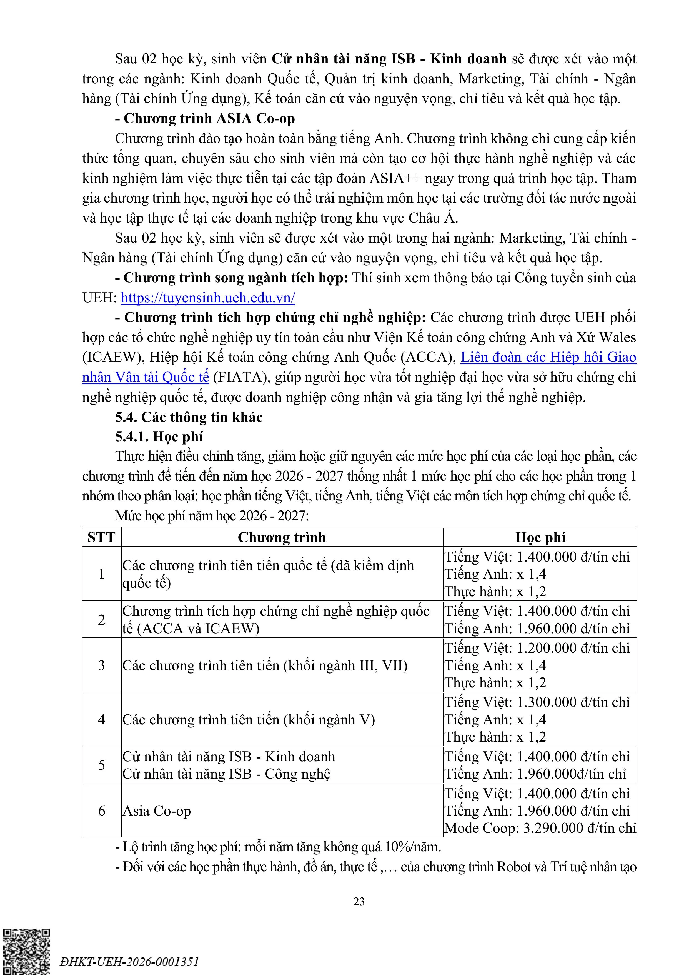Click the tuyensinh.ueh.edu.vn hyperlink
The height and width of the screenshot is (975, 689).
pos(208,298)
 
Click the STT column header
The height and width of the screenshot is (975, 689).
pos(101,537)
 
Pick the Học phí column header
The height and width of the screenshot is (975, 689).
pos(540,537)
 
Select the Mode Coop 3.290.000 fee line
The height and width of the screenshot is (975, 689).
pos(540,828)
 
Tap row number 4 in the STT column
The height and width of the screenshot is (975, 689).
pos(101,719)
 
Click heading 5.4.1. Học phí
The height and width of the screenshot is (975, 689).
pos(159,437)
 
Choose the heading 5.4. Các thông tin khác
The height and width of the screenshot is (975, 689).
pos(189,417)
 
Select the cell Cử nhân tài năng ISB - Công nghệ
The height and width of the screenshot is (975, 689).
pos(226,774)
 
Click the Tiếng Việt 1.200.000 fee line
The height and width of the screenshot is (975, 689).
pos(537,648)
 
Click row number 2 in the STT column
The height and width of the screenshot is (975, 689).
pos(101,620)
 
